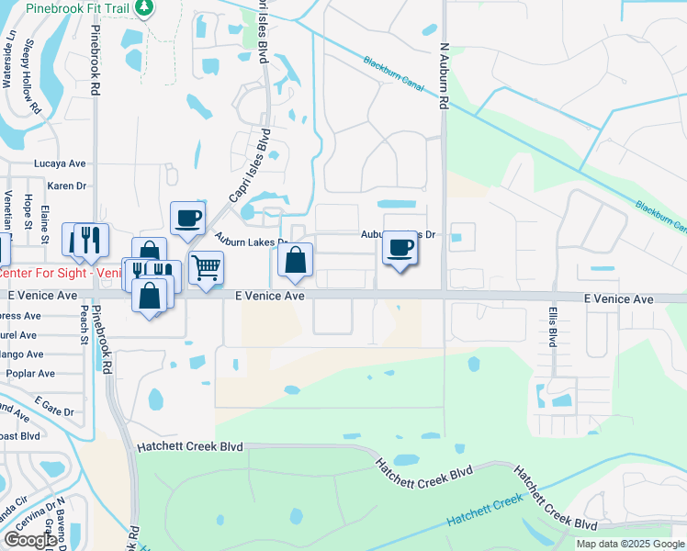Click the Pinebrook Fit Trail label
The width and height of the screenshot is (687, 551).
(x=76, y=6)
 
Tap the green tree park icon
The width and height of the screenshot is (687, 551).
(x=143, y=7)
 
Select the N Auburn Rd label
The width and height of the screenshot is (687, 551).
(x=443, y=76)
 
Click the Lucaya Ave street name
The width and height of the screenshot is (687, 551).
(x=59, y=163)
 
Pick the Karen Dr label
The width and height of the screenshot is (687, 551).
(x=66, y=186)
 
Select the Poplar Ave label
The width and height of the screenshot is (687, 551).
(x=30, y=374)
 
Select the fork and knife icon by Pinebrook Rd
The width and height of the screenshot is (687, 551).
(x=90, y=240)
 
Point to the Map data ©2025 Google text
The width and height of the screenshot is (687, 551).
(x=630, y=544)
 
